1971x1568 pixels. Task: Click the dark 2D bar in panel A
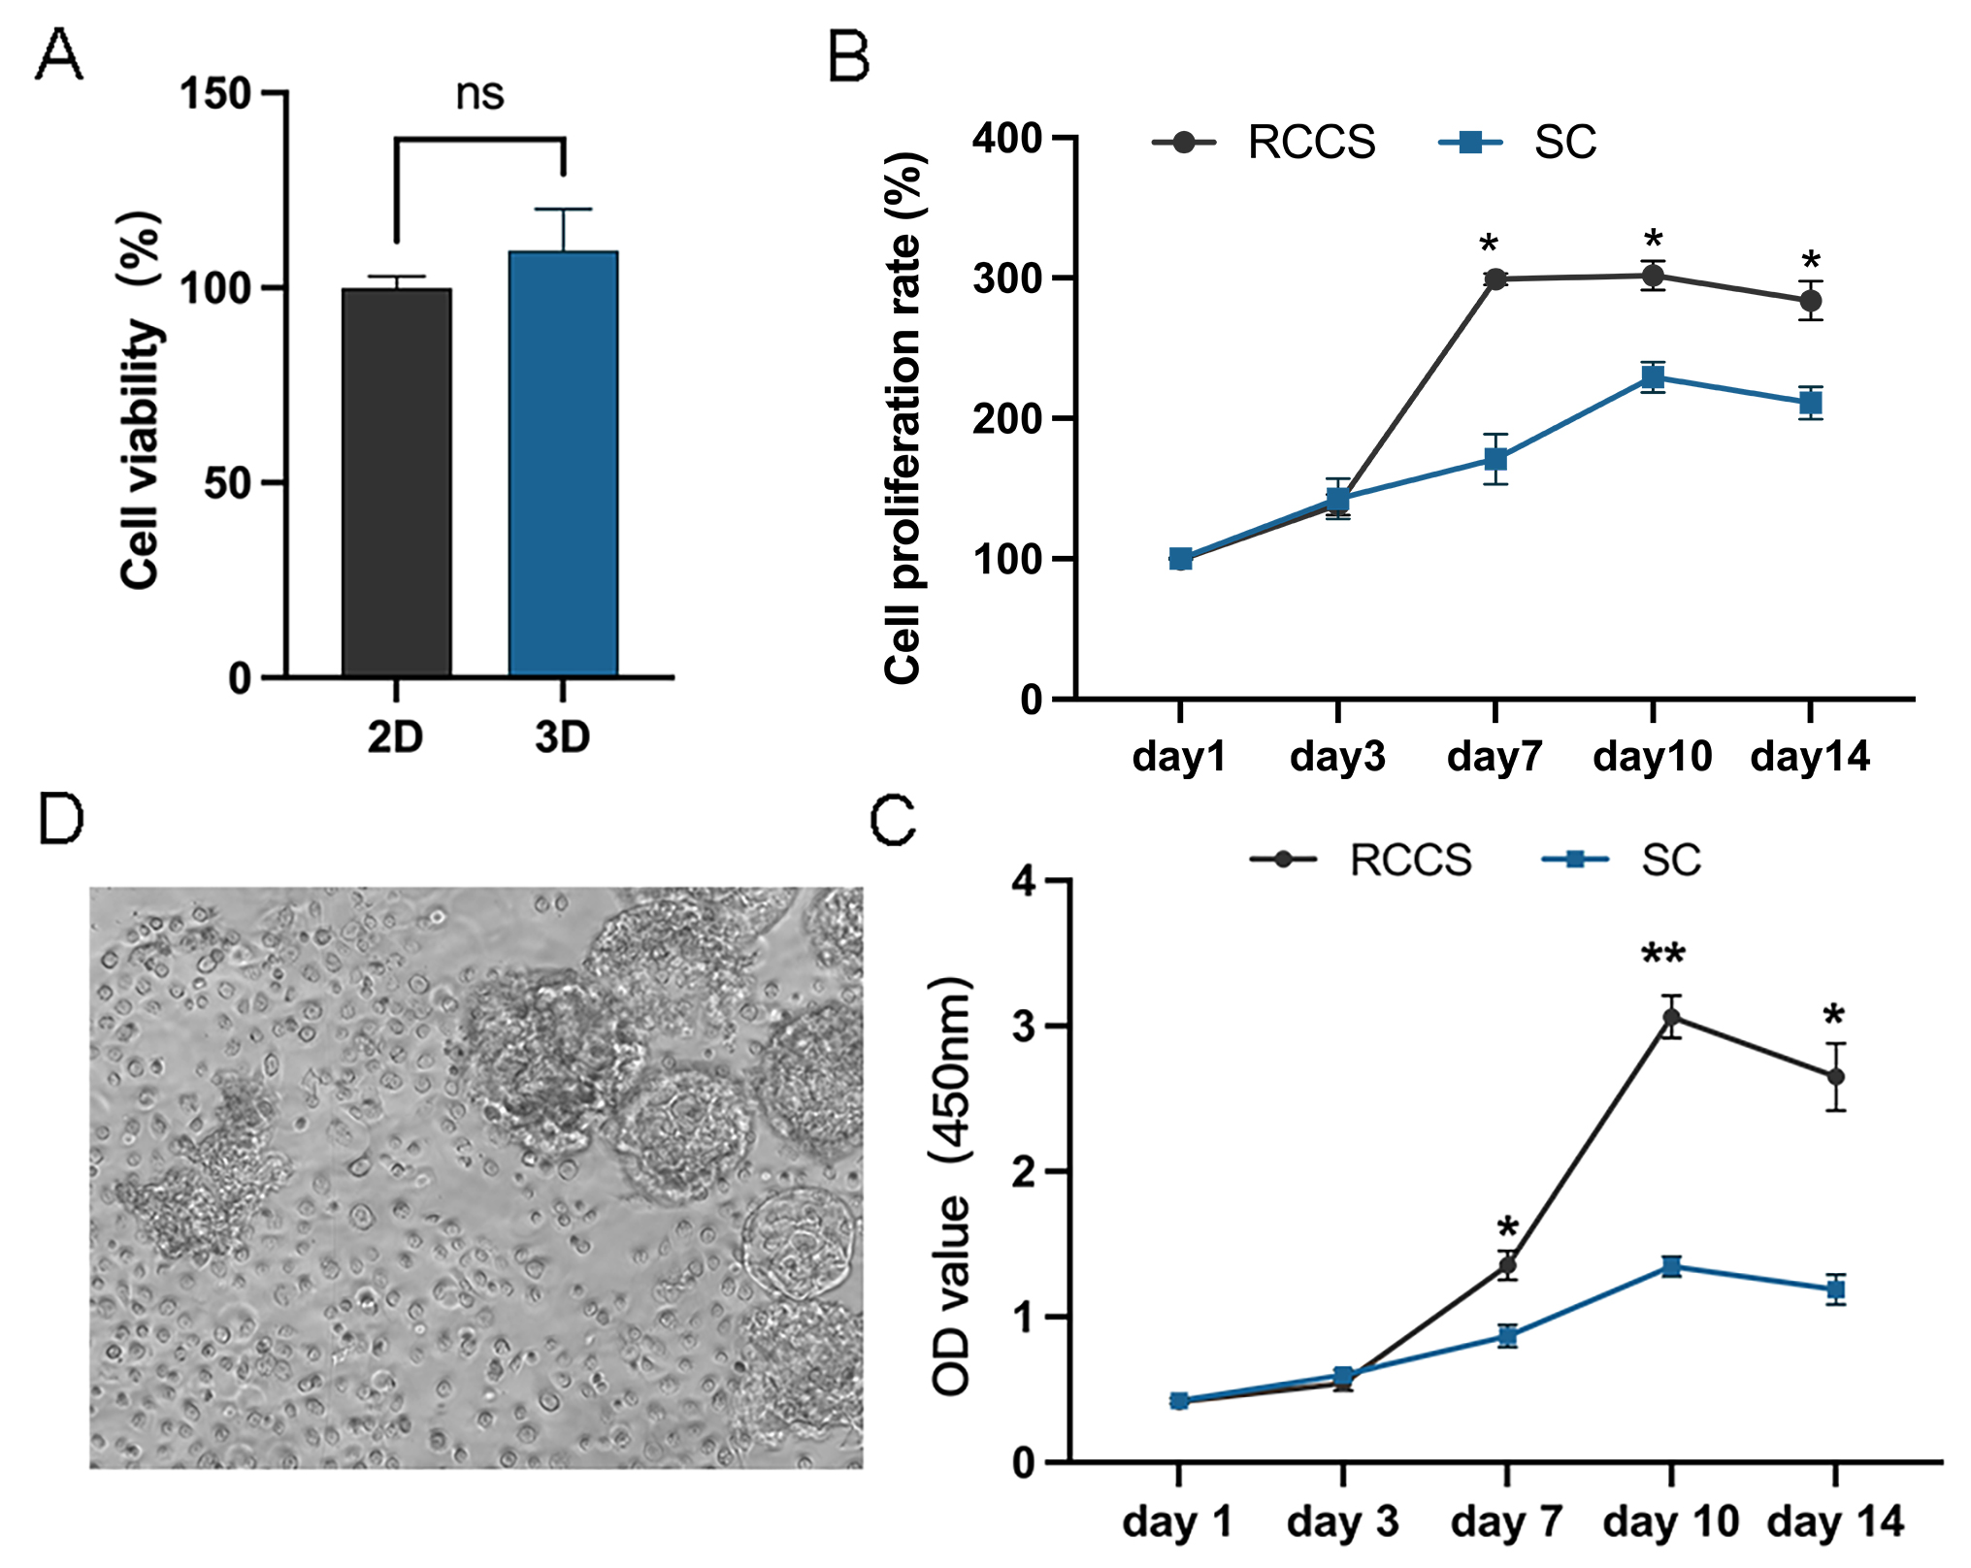pyautogui.click(x=396, y=482)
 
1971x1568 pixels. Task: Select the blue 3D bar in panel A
pyautogui.click(x=563, y=464)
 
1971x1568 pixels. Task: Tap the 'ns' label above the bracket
pyautogui.click(x=479, y=94)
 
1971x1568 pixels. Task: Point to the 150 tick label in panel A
pyautogui.click(x=215, y=94)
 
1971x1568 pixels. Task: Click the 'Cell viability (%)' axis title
pyautogui.click(x=142, y=399)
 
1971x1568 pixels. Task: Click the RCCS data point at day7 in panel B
pyautogui.click(x=1495, y=279)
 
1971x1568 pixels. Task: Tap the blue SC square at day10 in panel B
pyautogui.click(x=1654, y=377)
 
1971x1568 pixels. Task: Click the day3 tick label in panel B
pyautogui.click(x=1337, y=757)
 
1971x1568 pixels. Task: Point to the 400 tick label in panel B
pyautogui.click(x=1006, y=138)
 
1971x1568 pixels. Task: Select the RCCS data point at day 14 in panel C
pyautogui.click(x=1835, y=1077)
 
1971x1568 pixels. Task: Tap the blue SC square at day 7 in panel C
pyautogui.click(x=1507, y=1336)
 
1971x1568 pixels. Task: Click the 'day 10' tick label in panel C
pyautogui.click(x=1670, y=1521)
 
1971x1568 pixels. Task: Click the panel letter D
pyautogui.click(x=60, y=820)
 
